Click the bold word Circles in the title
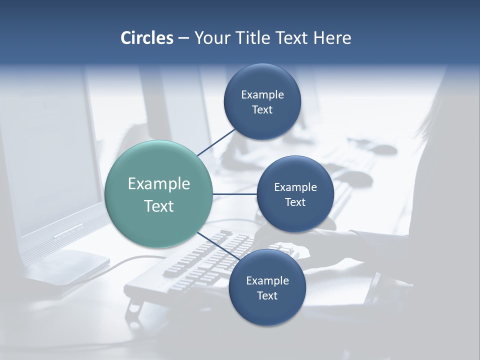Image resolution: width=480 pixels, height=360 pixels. point(147,38)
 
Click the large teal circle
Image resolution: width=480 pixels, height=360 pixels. point(158,194)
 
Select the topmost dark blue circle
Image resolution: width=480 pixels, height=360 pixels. point(262,101)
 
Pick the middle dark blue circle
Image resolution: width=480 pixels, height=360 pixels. point(295,194)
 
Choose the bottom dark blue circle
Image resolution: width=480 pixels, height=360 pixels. point(267,287)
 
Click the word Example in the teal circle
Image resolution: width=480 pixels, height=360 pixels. point(158,183)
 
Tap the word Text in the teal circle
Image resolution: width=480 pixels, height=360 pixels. point(158,206)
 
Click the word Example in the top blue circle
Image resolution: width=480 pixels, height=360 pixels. point(262,94)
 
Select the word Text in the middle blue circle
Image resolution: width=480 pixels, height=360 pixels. point(295,202)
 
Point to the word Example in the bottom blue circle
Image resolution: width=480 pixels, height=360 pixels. point(267,280)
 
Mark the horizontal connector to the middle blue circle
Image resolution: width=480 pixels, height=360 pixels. point(234,194)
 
